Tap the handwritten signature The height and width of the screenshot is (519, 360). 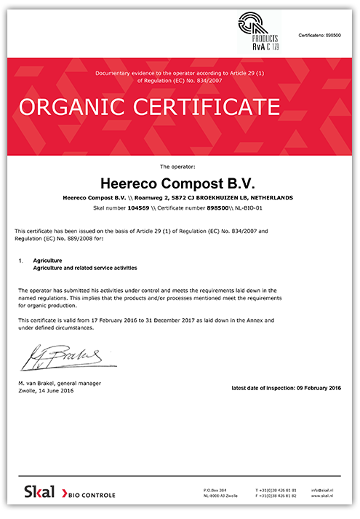pyautogui.click(x=64, y=357)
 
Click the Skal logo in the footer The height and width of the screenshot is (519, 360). pyautogui.click(x=39, y=493)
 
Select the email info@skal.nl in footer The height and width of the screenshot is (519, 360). pyautogui.click(x=321, y=491)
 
